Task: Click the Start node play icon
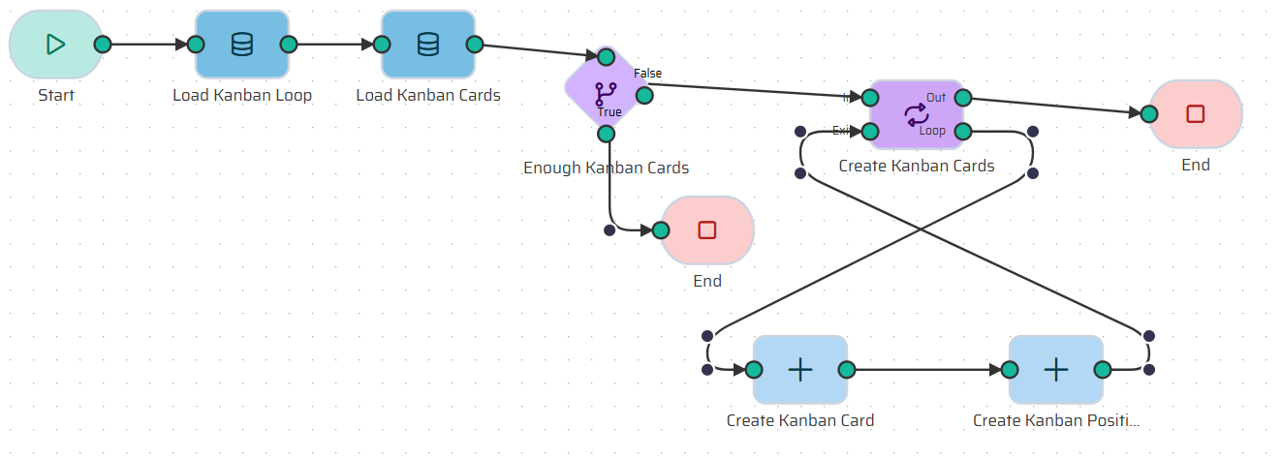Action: pyautogui.click(x=55, y=45)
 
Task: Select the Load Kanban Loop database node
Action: pyautogui.click(x=242, y=45)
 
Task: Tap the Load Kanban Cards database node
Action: pyautogui.click(x=428, y=45)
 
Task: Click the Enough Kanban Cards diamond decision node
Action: pyautogui.click(x=606, y=93)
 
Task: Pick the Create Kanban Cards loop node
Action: pyautogui.click(x=916, y=114)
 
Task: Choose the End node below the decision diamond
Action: pyautogui.click(x=707, y=230)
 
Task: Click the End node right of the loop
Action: pyautogui.click(x=1196, y=114)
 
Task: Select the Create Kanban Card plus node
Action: pyautogui.click(x=800, y=370)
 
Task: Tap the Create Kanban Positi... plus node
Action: pyautogui.click(x=1056, y=370)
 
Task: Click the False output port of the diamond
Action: pyautogui.click(x=644, y=95)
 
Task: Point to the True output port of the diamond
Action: pyautogui.click(x=606, y=133)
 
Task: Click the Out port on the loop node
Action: pyautogui.click(x=963, y=97)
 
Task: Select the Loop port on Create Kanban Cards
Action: pyautogui.click(x=963, y=131)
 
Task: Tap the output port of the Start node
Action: pyautogui.click(x=102, y=45)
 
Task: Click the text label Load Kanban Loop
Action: pyautogui.click(x=242, y=95)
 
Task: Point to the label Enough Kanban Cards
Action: pyautogui.click(x=606, y=168)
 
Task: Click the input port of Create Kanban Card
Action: pyautogui.click(x=753, y=370)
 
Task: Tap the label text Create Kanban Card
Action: pyautogui.click(x=800, y=420)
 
